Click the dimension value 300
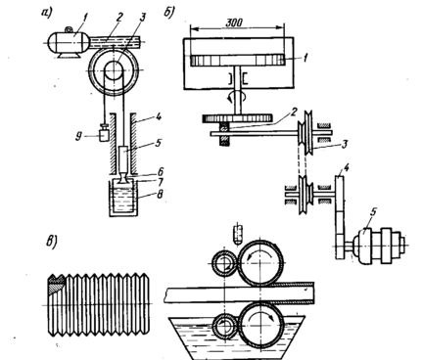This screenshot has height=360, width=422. pyautogui.click(x=234, y=22)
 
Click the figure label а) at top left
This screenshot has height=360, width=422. pyautogui.click(x=47, y=13)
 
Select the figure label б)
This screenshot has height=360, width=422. pyautogui.click(x=169, y=12)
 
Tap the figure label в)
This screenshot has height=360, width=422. pyautogui.click(x=51, y=243)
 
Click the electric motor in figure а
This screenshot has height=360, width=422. pyautogui.click(x=69, y=42)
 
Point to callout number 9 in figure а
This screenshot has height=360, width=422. pyautogui.click(x=78, y=136)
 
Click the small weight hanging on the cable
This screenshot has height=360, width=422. pyautogui.click(x=104, y=133)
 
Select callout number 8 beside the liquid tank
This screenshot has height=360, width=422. pyautogui.click(x=161, y=195)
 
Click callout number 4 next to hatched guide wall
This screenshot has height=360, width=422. pyautogui.click(x=159, y=117)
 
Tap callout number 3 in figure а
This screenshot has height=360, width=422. pyautogui.click(x=142, y=18)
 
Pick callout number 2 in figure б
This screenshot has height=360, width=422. pyautogui.click(x=294, y=112)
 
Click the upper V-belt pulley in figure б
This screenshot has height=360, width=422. pyautogui.click(x=307, y=133)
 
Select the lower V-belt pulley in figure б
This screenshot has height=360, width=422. pyautogui.click(x=305, y=195)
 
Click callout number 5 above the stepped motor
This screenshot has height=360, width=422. pyautogui.click(x=374, y=211)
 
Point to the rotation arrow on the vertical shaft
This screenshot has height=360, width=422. pyautogui.click(x=239, y=97)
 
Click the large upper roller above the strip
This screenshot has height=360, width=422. pyautogui.click(x=260, y=262)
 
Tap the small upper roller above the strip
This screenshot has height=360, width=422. pyautogui.click(x=224, y=262)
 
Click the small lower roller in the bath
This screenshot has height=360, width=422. pyautogui.click(x=225, y=327)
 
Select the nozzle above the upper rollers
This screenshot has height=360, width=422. pyautogui.click(x=239, y=234)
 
